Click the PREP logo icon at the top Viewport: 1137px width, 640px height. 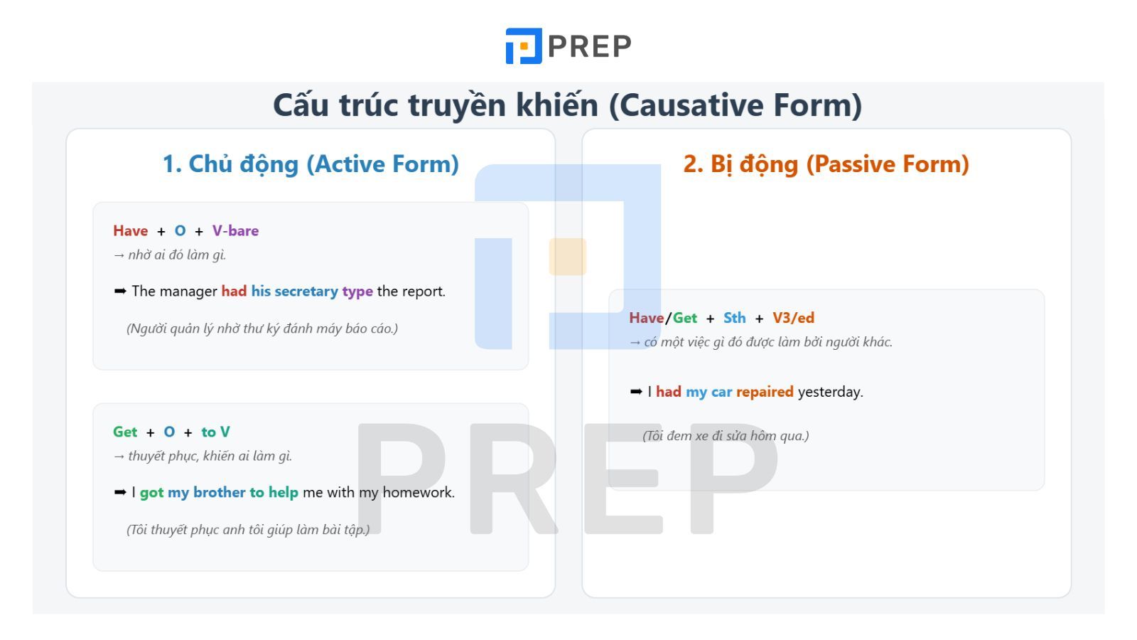tap(524, 46)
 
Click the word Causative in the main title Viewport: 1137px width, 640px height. tap(684, 105)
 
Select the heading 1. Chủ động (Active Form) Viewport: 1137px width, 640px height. tap(311, 164)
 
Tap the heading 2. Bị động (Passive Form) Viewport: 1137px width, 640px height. tap(826, 164)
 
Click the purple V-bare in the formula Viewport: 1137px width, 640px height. tap(235, 231)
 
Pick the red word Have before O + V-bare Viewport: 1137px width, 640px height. tap(130, 231)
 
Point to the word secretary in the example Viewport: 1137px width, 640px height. tap(306, 292)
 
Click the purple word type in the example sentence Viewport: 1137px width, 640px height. tap(357, 292)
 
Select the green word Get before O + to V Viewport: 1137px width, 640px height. tap(125, 432)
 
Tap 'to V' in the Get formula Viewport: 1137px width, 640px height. tap(215, 432)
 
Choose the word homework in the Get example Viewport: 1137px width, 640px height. tap(419, 493)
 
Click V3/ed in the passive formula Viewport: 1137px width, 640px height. tap(793, 319)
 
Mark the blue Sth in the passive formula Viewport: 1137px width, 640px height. tap(735, 319)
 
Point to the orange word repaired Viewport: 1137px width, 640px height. tap(765, 393)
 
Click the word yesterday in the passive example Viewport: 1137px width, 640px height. tap(830, 393)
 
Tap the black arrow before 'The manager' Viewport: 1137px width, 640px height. tap(120, 291)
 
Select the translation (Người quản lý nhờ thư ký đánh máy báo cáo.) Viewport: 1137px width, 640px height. tap(262, 329)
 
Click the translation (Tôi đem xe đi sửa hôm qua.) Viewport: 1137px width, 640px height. tap(726, 436)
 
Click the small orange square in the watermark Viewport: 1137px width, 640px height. tap(567, 257)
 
